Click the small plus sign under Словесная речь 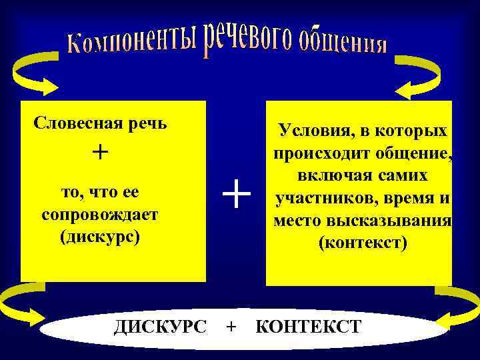pos(99,153)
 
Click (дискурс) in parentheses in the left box pos(99,237)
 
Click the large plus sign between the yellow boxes pos(237,196)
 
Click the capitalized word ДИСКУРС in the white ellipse pos(160,327)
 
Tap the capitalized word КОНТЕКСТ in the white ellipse pos(308,327)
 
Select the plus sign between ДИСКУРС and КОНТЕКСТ pos(231,327)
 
